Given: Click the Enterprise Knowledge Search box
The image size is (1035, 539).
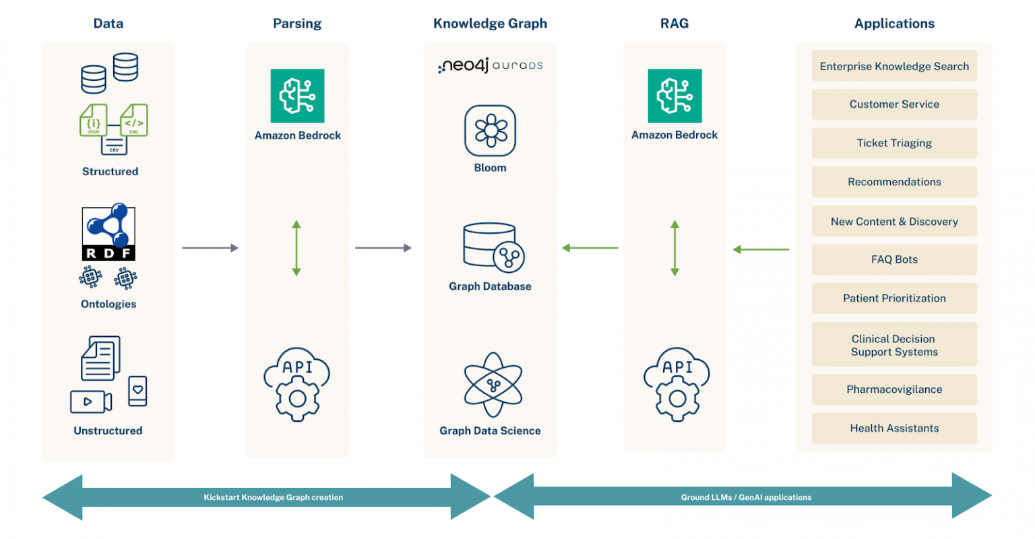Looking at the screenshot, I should tap(893, 66).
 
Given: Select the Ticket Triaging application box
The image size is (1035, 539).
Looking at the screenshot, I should tap(893, 143).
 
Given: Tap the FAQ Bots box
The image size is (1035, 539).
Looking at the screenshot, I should tap(893, 259).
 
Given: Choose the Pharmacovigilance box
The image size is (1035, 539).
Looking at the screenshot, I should tap(893, 389).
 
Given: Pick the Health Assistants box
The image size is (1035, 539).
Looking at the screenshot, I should tap(893, 429).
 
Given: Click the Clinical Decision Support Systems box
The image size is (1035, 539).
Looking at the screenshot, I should tap(893, 345).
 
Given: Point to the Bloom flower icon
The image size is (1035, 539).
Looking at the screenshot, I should tap(490, 131).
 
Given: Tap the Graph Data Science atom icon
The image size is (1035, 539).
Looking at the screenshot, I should tap(493, 385).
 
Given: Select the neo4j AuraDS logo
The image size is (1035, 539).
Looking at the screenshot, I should tap(490, 65).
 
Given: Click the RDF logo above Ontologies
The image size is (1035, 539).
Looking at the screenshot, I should tap(108, 232).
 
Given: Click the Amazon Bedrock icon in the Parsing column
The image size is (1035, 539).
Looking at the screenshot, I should tap(297, 96).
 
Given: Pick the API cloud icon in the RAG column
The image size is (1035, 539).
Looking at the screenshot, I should tap(676, 384).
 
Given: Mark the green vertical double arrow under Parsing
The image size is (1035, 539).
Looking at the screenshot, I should tap(296, 248).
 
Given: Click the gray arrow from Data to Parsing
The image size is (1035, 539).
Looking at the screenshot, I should tap(210, 248).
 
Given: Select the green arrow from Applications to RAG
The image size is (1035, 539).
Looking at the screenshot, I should tap(761, 249).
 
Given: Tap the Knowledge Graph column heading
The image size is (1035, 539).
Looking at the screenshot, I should tap(490, 24).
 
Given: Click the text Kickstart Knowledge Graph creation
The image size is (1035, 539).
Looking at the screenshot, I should tap(273, 497).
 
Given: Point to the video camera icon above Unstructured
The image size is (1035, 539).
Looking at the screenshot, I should tap(91, 402).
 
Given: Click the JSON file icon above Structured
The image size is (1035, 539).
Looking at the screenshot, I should tap(93, 121).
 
